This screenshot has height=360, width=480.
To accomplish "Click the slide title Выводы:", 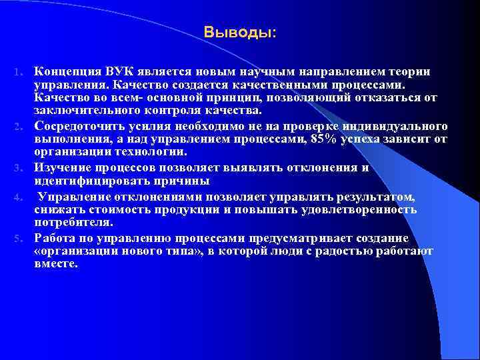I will click(x=239, y=32).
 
